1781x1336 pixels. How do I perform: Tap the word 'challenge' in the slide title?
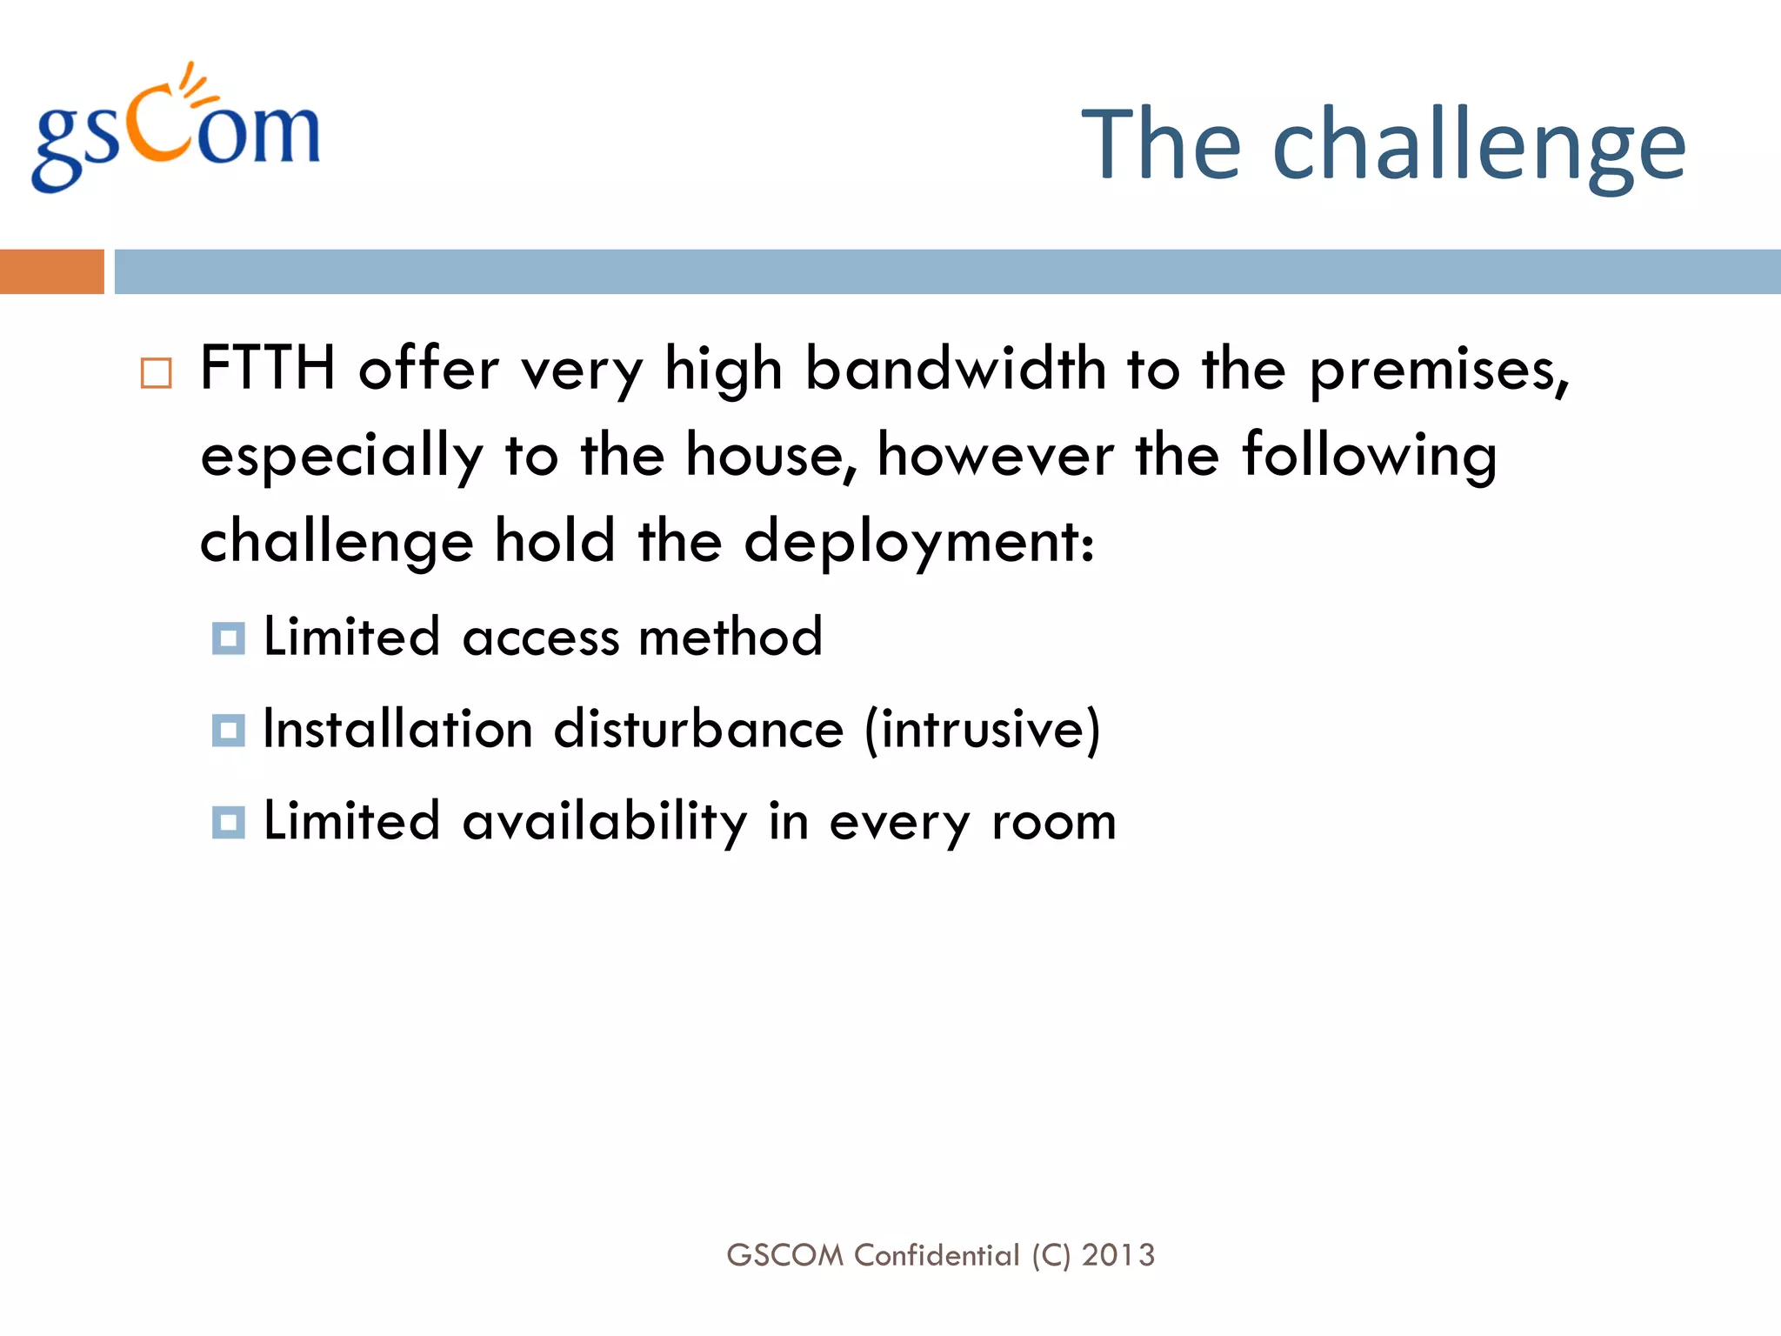click(x=1478, y=146)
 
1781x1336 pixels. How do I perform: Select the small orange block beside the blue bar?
click(x=51, y=271)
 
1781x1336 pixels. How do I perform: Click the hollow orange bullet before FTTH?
click(x=157, y=373)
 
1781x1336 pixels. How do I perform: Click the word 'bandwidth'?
click(x=956, y=369)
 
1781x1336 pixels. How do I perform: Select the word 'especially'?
click(x=342, y=458)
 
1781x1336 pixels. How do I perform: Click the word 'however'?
click(x=995, y=456)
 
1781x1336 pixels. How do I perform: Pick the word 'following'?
click(x=1369, y=458)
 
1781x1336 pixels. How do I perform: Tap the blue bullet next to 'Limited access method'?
click(x=228, y=638)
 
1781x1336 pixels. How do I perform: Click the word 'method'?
click(x=730, y=637)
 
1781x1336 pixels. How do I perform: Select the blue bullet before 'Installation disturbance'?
click(x=228, y=731)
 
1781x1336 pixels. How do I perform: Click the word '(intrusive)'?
click(x=982, y=729)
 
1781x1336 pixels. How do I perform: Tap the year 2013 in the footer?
click(x=1118, y=1255)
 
